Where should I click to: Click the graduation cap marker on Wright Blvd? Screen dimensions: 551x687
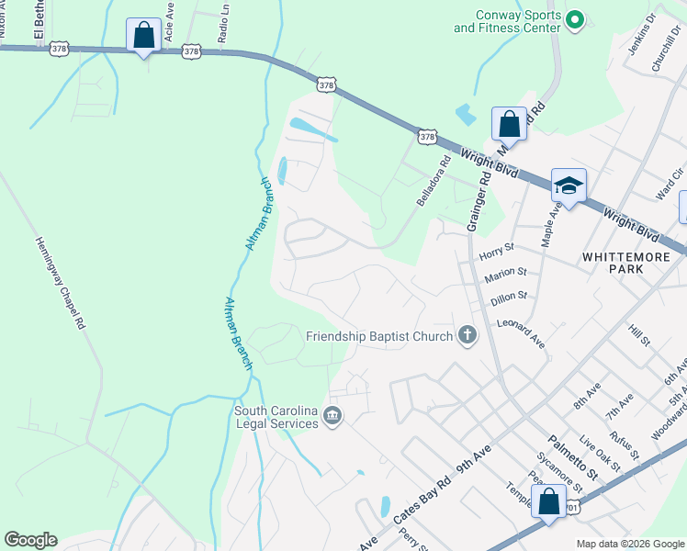[x=569, y=186]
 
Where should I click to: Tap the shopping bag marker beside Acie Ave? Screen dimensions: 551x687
[x=143, y=36]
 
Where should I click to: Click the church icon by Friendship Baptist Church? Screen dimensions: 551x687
[x=467, y=336]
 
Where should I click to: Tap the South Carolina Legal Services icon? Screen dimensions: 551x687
[x=332, y=418]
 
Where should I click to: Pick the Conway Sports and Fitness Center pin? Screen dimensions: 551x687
[x=575, y=19]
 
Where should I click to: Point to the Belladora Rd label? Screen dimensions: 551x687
[x=434, y=181]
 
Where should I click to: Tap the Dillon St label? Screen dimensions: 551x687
[x=509, y=296]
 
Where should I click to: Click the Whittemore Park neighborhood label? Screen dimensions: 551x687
[x=626, y=264]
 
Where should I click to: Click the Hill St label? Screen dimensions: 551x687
[x=639, y=334]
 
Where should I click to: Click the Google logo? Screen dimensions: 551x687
[x=30, y=540]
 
